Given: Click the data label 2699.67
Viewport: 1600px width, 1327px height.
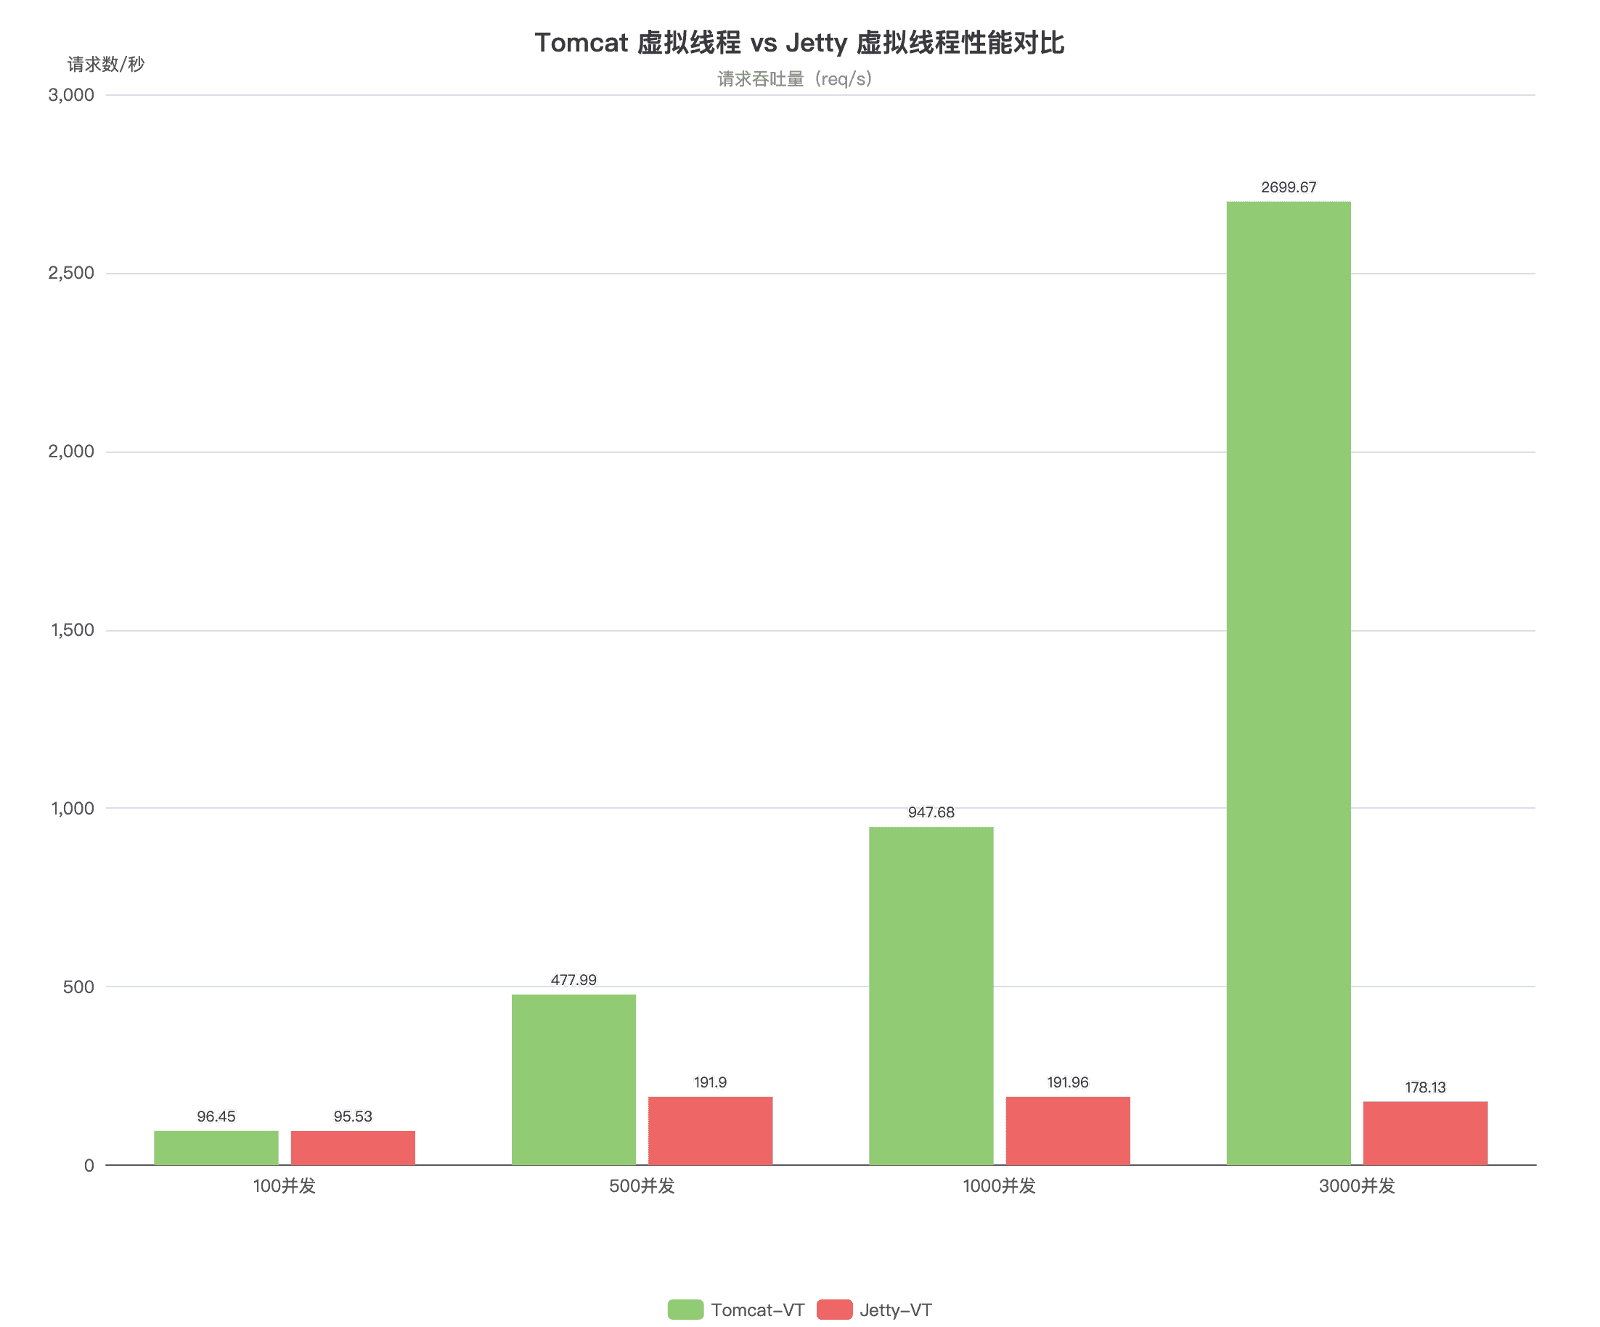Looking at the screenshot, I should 1288,187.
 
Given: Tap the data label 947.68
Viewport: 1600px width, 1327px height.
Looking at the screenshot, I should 931,813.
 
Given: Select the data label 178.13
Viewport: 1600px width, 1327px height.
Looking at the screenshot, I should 1425,1087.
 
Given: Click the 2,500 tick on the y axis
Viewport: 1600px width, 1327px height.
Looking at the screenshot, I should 72,273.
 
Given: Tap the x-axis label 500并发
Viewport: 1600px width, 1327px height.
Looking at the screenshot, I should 642,1186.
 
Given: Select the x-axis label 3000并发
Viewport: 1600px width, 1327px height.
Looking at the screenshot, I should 1356,1186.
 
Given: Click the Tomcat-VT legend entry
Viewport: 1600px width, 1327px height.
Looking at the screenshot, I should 737,1310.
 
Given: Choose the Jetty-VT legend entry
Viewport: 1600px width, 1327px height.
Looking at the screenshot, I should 874,1310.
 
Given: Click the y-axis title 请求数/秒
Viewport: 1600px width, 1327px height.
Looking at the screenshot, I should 106,64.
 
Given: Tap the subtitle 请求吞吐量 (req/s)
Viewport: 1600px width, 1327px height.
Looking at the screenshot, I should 795,79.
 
